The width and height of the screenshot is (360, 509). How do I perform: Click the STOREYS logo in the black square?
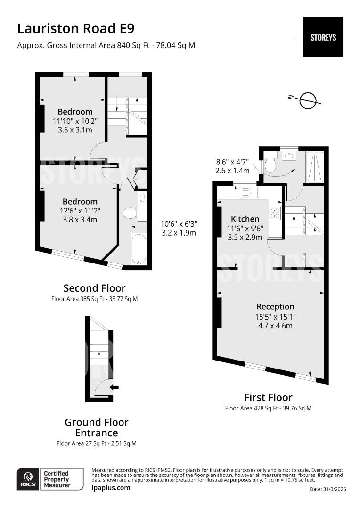coord(323,37)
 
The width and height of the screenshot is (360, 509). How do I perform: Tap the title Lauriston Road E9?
coord(76,28)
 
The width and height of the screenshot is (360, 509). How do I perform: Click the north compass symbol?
coord(308,100)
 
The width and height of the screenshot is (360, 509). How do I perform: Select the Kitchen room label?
coord(245,219)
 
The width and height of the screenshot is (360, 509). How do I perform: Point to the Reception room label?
coord(275,306)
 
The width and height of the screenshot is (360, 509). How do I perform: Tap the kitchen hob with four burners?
coord(275,213)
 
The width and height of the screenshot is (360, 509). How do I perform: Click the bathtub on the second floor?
coord(139,249)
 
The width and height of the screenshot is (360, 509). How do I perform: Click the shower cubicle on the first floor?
coord(314,167)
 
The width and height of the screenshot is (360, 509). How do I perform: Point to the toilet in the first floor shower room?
coord(270,164)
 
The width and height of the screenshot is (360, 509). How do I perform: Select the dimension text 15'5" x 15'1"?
coord(275,317)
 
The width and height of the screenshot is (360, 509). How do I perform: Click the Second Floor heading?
coord(94,288)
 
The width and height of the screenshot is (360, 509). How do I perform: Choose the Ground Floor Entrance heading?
coord(96,427)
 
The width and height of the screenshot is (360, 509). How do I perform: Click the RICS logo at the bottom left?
coord(27,479)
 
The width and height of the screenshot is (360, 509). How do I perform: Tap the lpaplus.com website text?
coord(111,487)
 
